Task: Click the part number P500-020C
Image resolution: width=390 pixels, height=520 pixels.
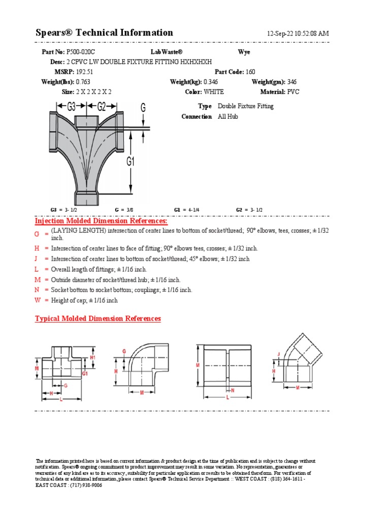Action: [x=81, y=52]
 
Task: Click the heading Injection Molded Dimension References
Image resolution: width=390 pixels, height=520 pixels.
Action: [x=101, y=221]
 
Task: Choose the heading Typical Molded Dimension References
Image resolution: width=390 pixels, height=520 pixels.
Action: [x=97, y=319]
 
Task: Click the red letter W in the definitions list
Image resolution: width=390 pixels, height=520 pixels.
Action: [x=38, y=300]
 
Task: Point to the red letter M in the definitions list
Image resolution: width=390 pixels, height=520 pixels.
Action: [x=38, y=280]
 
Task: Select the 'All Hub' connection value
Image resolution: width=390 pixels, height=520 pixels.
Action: [x=229, y=117]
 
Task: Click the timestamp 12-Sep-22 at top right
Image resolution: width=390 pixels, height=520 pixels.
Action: [x=298, y=34]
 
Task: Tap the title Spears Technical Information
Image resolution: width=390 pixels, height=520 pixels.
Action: [x=104, y=33]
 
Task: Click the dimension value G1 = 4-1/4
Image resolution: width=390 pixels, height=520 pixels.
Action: [x=186, y=210]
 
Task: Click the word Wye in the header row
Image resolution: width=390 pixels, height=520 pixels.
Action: [x=244, y=52]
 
